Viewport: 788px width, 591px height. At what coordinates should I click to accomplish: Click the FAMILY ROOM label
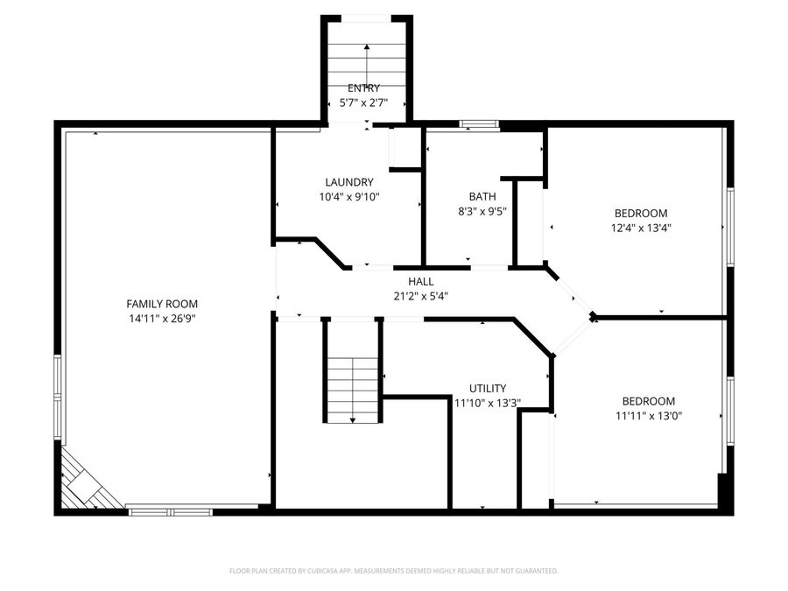tap(162, 304)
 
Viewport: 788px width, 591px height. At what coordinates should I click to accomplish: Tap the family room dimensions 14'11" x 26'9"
tap(162, 319)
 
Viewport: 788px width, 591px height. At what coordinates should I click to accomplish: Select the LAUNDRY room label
tap(348, 182)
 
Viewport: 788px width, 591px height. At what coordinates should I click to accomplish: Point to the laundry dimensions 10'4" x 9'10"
tap(348, 197)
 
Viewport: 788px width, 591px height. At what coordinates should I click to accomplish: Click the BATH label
tap(482, 196)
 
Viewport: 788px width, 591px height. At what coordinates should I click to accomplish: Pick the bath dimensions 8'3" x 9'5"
tap(482, 211)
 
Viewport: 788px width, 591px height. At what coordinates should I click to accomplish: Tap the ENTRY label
tap(364, 88)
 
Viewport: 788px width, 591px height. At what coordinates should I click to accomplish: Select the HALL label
tap(420, 281)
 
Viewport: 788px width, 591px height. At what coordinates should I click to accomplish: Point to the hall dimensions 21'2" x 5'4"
tap(420, 296)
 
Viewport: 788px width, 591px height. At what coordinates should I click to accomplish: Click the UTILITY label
tap(487, 388)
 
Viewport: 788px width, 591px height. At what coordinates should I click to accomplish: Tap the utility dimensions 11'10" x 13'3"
tap(487, 403)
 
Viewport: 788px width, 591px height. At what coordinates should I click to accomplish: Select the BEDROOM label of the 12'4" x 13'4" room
tap(640, 213)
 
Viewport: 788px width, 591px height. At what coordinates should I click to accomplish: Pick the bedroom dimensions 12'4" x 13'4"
tap(640, 228)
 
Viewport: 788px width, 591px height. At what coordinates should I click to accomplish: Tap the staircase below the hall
tap(352, 372)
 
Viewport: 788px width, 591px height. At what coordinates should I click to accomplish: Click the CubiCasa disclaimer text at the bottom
tap(393, 571)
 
